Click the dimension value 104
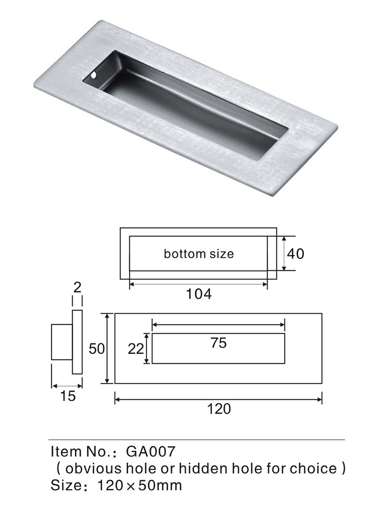tap(198, 294)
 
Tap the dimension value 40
tap(296, 254)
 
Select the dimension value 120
tap(219, 409)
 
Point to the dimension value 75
tap(218, 343)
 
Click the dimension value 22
tap(135, 349)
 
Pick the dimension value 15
tap(67, 396)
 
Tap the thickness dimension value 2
tap(77, 287)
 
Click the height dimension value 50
tap(97, 349)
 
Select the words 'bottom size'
tap(199, 254)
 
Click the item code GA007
tap(151, 451)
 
